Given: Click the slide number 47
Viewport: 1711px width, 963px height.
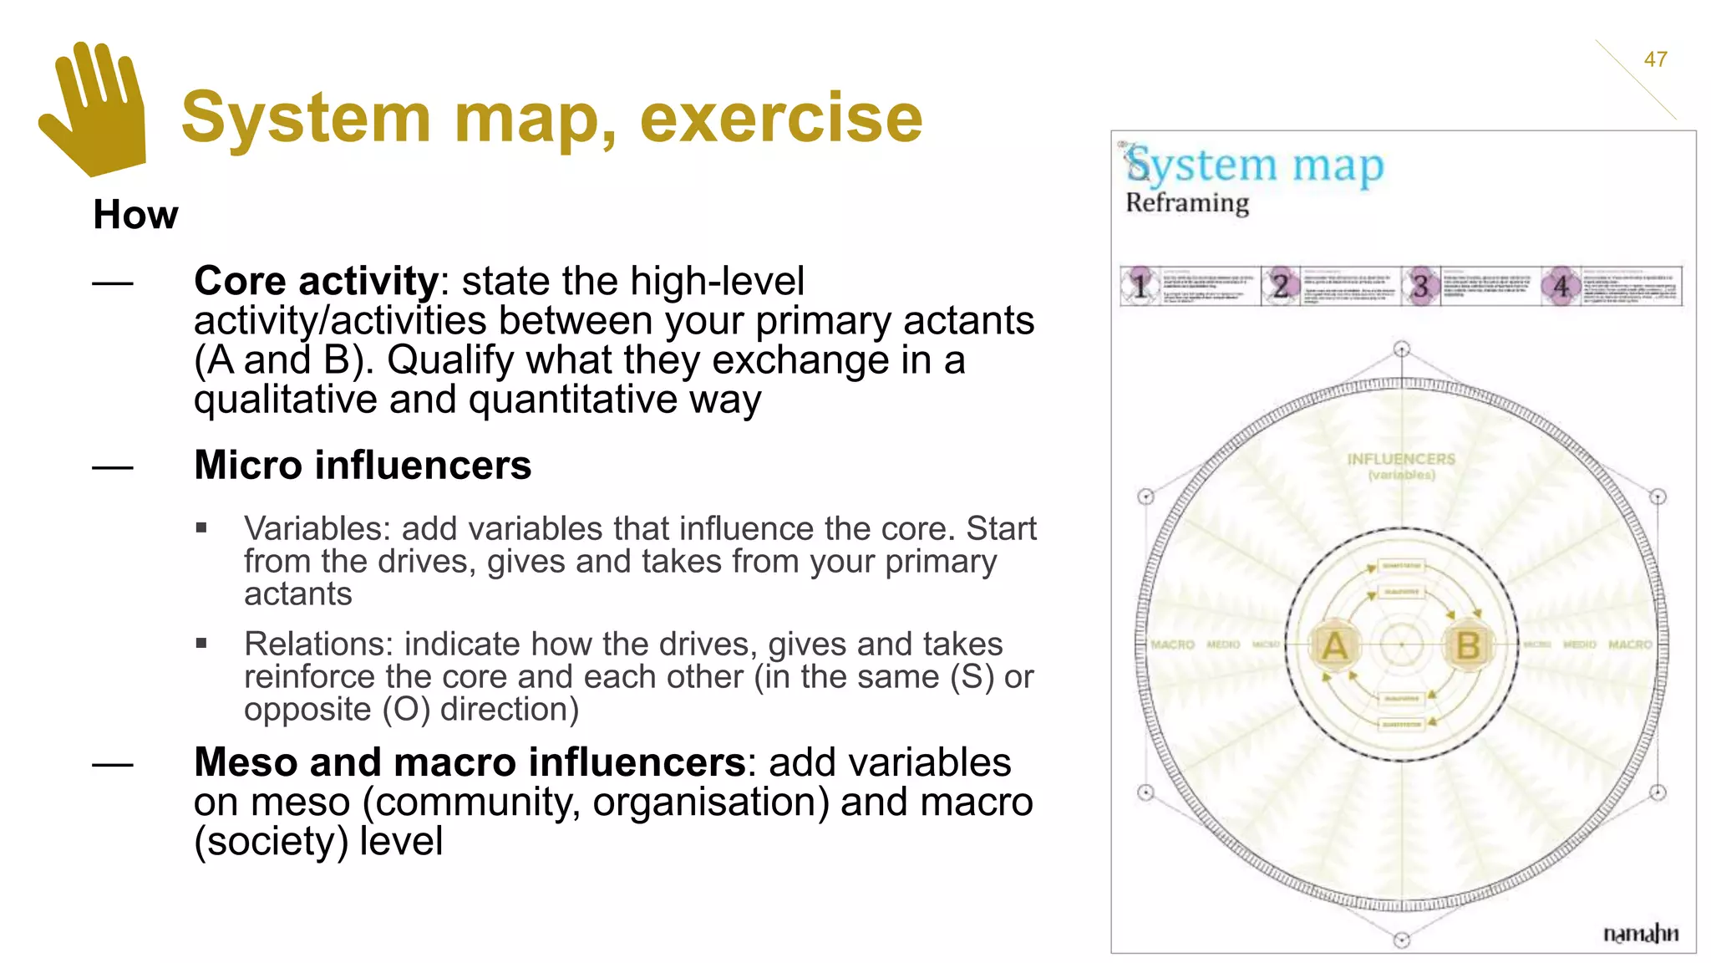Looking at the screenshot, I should [x=1655, y=59].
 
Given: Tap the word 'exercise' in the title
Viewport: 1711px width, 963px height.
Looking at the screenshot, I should [x=781, y=117].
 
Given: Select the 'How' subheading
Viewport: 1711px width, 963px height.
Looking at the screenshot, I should [x=135, y=215].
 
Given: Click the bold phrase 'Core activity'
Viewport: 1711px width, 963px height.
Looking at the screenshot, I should [x=316, y=281].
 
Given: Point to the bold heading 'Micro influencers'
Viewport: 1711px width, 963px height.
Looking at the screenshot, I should [x=363, y=466].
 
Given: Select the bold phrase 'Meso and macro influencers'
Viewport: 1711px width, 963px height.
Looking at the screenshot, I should [x=470, y=762].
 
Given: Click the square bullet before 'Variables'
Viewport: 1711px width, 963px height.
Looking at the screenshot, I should [x=201, y=528].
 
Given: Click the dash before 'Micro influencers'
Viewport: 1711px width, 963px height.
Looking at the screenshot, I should [x=113, y=467].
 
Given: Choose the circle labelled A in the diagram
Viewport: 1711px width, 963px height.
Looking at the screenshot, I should [x=1335, y=645].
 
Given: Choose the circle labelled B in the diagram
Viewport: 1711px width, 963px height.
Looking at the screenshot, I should [x=1468, y=645].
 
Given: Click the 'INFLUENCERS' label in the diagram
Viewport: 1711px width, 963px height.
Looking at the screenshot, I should [x=1401, y=460].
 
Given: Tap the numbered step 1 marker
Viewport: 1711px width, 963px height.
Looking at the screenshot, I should [x=1140, y=287].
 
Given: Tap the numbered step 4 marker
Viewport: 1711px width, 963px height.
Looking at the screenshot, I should [x=1561, y=287].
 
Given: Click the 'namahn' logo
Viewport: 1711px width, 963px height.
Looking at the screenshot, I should [x=1640, y=933].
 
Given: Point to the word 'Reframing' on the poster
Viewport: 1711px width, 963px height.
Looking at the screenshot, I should [x=1187, y=203].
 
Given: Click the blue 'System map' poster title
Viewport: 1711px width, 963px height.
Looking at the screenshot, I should [x=1255, y=166].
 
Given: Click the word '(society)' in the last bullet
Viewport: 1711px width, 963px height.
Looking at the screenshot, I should [x=271, y=841].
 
